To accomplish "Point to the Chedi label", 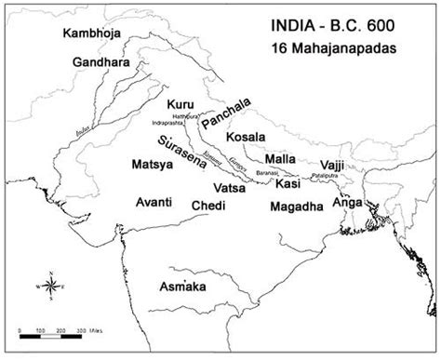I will [x=207, y=205].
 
